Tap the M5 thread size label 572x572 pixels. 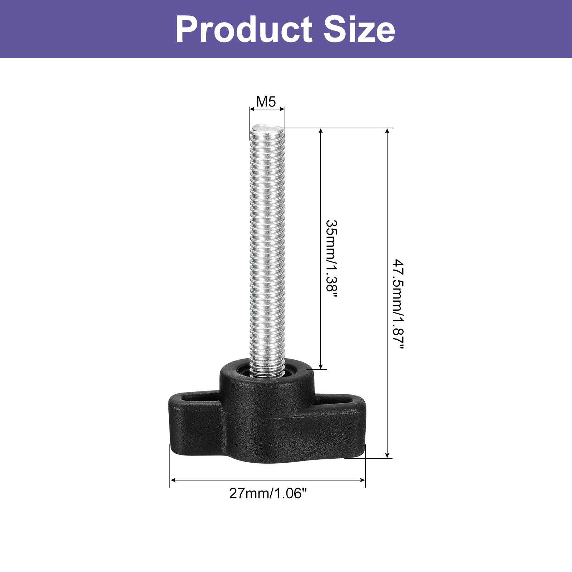coord(266,102)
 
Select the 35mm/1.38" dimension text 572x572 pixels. coord(332,261)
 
